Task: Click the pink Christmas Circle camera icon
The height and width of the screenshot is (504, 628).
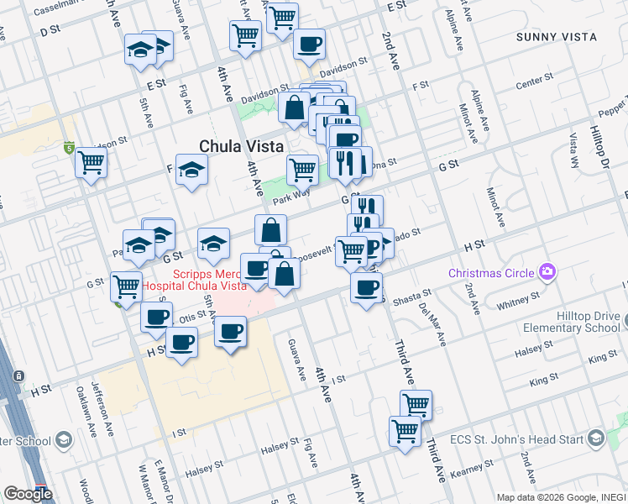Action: click(548, 271)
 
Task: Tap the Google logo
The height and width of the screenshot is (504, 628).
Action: click(28, 494)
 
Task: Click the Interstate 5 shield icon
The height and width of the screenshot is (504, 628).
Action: click(69, 148)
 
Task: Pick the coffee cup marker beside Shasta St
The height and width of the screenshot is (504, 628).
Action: click(366, 287)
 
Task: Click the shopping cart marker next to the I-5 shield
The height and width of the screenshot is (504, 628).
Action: click(92, 163)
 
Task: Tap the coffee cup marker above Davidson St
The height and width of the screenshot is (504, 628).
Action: click(309, 43)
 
